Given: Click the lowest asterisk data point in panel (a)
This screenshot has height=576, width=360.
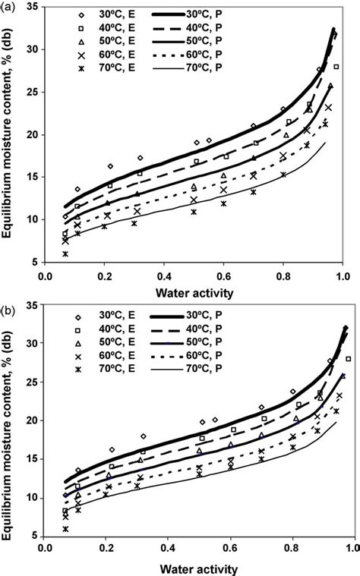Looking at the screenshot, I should (65, 254).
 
